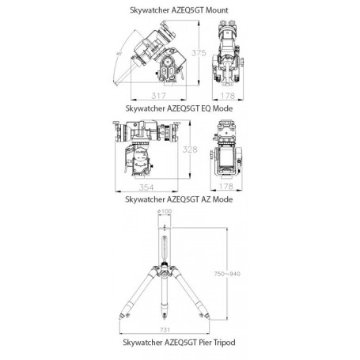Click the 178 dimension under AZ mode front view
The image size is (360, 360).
tap(228, 187)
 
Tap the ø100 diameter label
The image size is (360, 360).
tap(165, 212)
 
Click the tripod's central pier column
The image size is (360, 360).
tap(165, 253)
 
